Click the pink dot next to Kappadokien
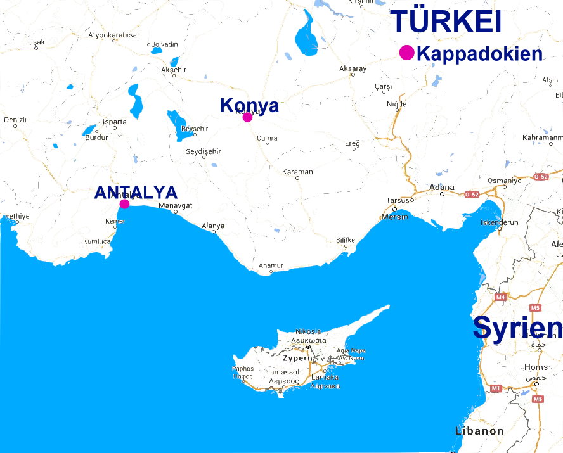pyautogui.click(x=406, y=53)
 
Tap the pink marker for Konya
pyautogui.click(x=247, y=117)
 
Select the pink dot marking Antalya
pyautogui.click(x=124, y=203)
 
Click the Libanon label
pyautogui.click(x=479, y=431)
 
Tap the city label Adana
pyautogui.click(x=442, y=188)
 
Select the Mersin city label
pyautogui.click(x=395, y=217)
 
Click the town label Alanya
pyautogui.click(x=213, y=226)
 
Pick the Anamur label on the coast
pyautogui.click(x=271, y=265)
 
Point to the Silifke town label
pyautogui.click(x=346, y=240)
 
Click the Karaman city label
pyautogui.click(x=297, y=172)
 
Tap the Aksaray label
pyautogui.click(x=353, y=68)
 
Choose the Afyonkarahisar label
pyautogui.click(x=114, y=35)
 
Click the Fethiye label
pyautogui.click(x=16, y=217)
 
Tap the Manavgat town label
pyautogui.click(x=175, y=205)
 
